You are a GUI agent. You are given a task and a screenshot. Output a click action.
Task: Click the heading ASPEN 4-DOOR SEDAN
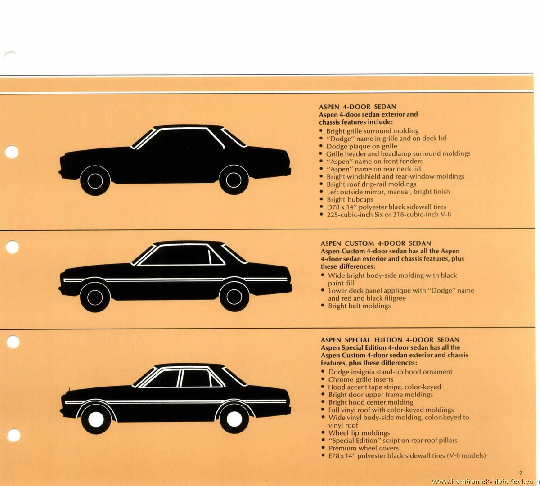(x=357, y=107)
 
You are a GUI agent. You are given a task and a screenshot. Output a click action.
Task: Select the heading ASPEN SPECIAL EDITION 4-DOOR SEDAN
(x=390, y=340)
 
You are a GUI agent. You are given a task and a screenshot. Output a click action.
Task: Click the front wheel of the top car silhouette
(x=95, y=180)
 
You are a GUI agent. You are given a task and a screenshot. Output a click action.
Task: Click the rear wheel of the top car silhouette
(x=234, y=180)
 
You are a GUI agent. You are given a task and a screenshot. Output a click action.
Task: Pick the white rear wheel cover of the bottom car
(x=234, y=419)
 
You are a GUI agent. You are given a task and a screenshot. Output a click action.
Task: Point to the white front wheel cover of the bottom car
(x=96, y=419)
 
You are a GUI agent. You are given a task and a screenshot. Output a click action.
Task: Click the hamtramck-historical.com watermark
(x=485, y=481)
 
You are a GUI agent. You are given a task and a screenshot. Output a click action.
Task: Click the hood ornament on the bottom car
(x=69, y=389)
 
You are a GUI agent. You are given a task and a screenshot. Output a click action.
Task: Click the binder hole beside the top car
(x=12, y=152)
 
